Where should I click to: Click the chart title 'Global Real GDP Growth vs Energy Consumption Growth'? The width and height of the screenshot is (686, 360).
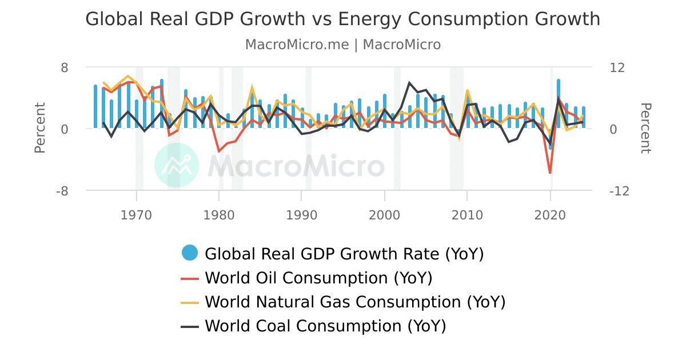click(342, 19)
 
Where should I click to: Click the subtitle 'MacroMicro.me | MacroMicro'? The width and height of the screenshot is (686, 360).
click(342, 45)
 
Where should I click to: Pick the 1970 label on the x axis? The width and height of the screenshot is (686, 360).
click(136, 215)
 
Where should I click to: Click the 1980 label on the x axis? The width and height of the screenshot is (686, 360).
click(219, 215)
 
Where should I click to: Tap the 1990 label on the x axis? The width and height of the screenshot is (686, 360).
click(302, 215)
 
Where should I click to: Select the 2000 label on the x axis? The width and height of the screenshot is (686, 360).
click(384, 215)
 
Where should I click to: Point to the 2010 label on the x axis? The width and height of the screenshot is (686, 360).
click(467, 215)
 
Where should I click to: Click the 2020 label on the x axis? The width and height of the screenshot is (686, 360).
click(550, 215)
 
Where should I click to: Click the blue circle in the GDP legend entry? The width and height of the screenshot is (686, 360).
click(190, 253)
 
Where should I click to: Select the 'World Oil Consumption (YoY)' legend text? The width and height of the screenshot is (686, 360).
click(318, 278)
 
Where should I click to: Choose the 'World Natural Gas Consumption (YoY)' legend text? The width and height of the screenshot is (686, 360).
click(355, 302)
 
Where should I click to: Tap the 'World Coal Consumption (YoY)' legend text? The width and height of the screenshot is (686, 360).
click(325, 326)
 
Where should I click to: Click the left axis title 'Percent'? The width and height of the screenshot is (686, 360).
click(39, 127)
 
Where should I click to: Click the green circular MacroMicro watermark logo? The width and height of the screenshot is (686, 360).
click(177, 165)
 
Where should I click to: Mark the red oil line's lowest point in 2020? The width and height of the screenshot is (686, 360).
click(550, 173)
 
